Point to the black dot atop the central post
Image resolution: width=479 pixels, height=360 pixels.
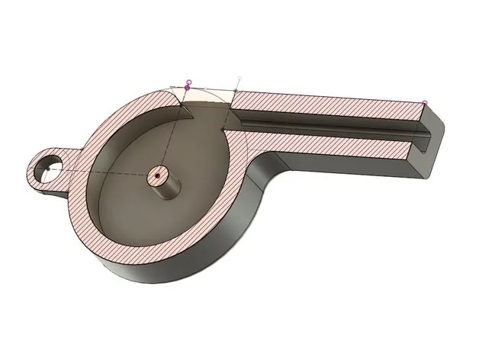[156, 175]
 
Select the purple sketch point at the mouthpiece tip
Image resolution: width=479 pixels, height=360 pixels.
[425, 102]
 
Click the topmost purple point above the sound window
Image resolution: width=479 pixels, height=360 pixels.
[188, 81]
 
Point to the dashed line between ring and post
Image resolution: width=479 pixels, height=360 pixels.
[107, 178]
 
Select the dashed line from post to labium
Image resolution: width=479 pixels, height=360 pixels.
[171, 141]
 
